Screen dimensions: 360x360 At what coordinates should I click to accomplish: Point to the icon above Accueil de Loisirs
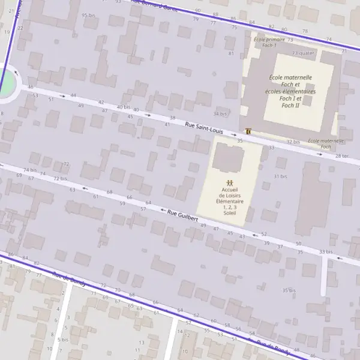[x=229, y=182]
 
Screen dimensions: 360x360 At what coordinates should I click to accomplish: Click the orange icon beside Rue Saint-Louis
[x=248, y=131]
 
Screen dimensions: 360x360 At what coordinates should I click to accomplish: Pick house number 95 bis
[x=88, y=15]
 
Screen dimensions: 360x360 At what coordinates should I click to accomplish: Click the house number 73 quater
[x=303, y=53]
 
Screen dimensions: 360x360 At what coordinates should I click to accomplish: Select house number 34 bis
[x=220, y=113]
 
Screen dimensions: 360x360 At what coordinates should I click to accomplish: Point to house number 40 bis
[x=123, y=107]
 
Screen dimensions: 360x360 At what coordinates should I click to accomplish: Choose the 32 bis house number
[x=293, y=142]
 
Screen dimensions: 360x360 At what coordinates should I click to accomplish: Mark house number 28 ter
[x=341, y=156]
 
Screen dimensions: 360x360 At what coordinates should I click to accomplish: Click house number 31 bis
[x=281, y=176]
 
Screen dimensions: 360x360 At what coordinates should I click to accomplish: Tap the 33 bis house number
[x=325, y=251]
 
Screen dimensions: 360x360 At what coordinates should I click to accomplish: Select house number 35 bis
[x=289, y=290]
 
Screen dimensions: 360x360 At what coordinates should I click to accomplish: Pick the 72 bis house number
[x=60, y=178]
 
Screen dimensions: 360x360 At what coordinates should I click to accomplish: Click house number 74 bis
[x=30, y=170]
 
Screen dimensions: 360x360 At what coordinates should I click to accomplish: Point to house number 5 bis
[x=62, y=340]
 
